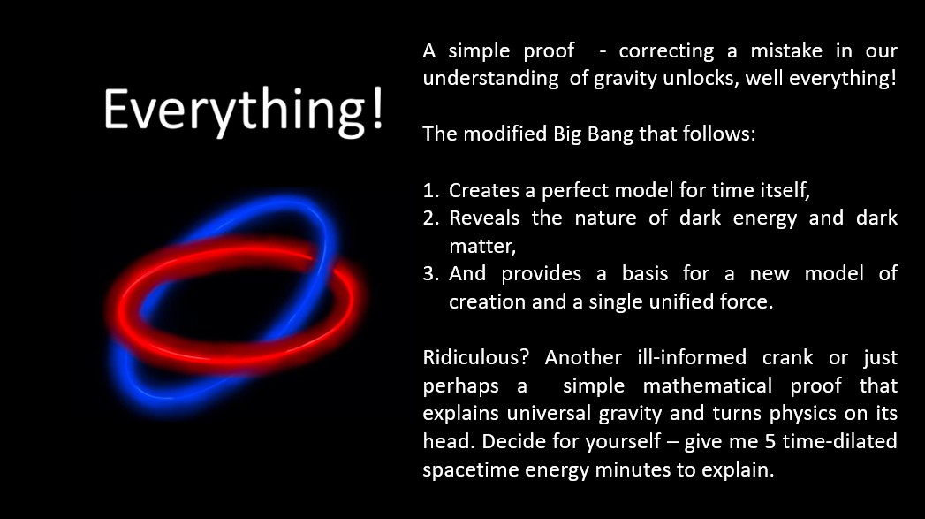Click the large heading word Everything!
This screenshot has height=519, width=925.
[x=244, y=111]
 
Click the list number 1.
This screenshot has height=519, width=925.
[x=431, y=191]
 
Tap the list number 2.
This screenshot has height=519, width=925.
[x=431, y=218]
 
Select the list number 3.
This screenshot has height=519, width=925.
[x=431, y=274]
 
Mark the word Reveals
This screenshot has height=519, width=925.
[x=484, y=218]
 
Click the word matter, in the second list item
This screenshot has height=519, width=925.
[x=482, y=247]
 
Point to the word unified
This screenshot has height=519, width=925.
[x=681, y=301]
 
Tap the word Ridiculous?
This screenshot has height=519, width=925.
[x=475, y=358]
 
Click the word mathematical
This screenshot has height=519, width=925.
[x=708, y=386]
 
